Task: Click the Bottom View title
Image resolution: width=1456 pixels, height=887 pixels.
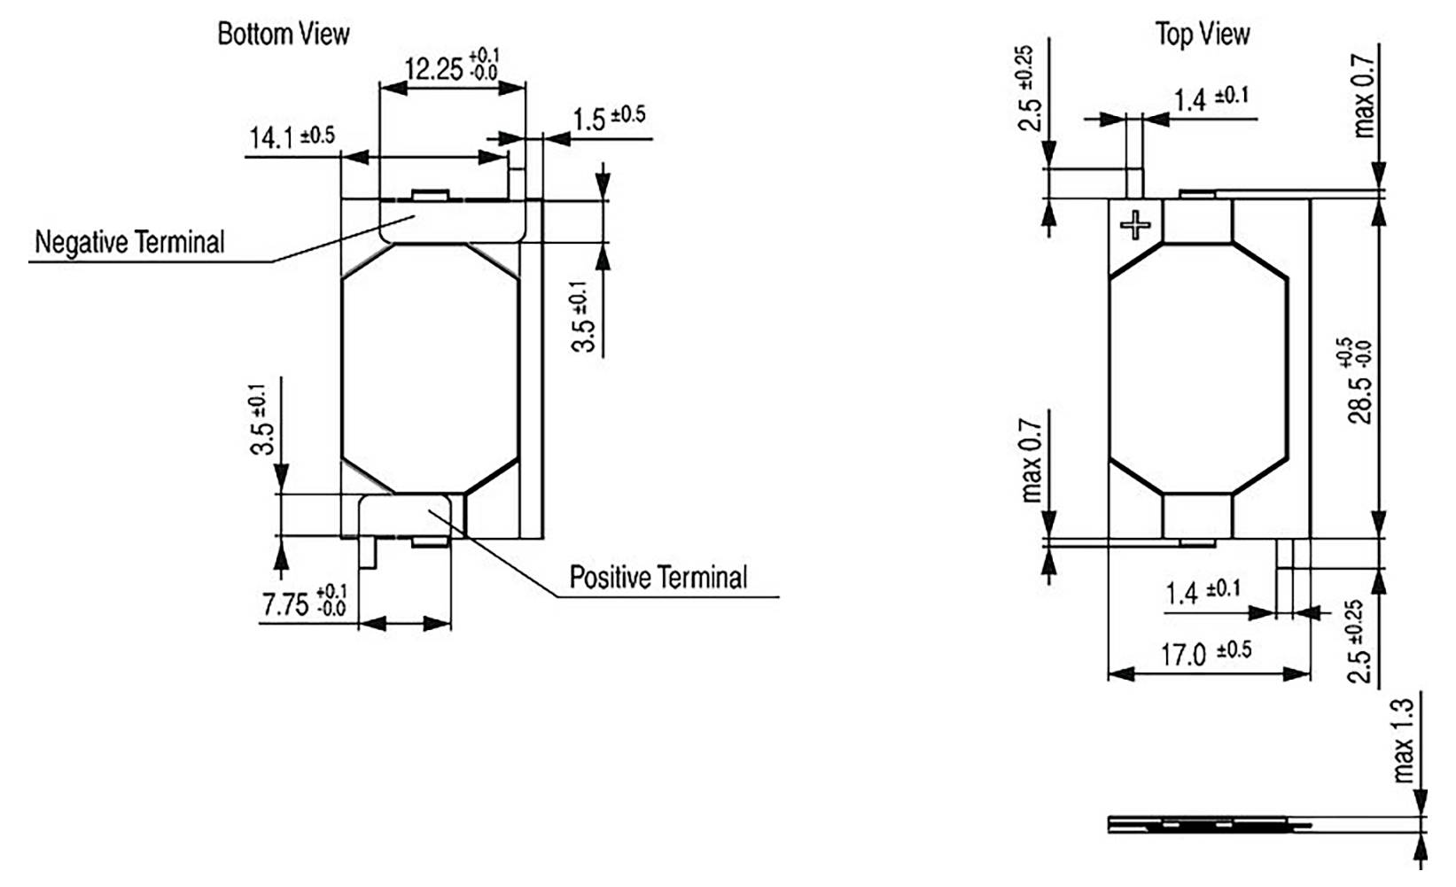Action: click(284, 34)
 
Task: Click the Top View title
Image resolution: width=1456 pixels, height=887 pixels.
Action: click(1202, 35)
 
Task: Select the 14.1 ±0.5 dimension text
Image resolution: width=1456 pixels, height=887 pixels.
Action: click(292, 137)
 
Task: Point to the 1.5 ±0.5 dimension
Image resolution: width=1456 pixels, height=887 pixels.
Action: click(608, 117)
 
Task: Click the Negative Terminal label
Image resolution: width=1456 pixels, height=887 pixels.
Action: click(129, 242)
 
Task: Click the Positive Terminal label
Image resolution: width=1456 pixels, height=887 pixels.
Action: click(658, 578)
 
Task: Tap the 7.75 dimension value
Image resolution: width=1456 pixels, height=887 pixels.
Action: click(304, 604)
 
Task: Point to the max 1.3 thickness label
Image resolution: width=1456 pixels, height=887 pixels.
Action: click(1403, 741)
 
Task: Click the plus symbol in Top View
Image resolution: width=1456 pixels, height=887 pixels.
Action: click(1135, 225)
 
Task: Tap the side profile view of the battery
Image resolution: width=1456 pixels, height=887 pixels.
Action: click(1210, 825)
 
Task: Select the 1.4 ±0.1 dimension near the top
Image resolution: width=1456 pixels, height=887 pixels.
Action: click(1211, 98)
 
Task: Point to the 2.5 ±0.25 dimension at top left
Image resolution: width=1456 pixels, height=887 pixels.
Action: click(1028, 89)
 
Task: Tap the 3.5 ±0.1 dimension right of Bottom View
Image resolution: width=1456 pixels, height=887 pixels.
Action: click(582, 316)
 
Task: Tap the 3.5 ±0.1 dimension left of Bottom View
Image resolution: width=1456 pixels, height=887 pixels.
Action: click(261, 419)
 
